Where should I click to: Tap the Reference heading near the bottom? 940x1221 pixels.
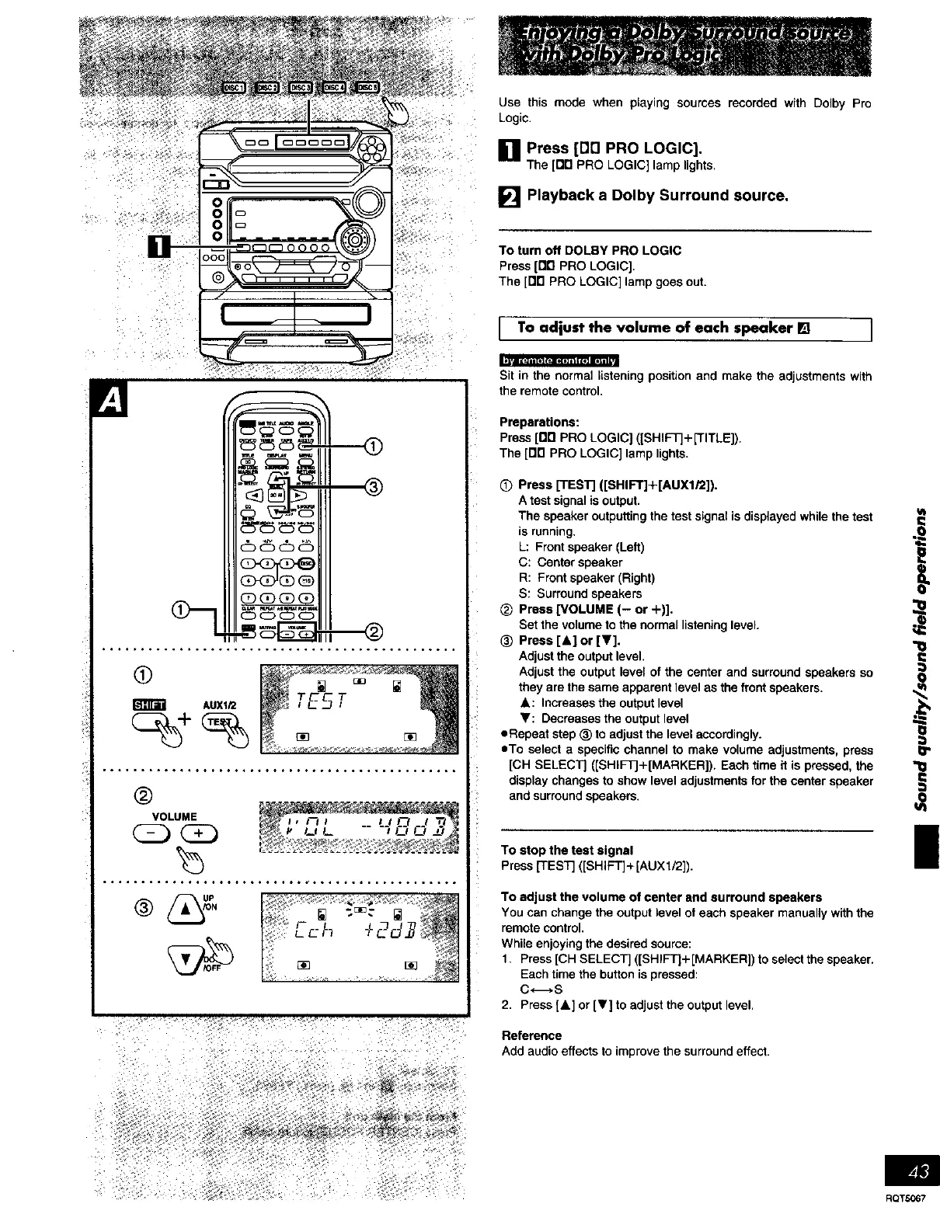531,1036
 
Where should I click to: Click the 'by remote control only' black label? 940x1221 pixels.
559,360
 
